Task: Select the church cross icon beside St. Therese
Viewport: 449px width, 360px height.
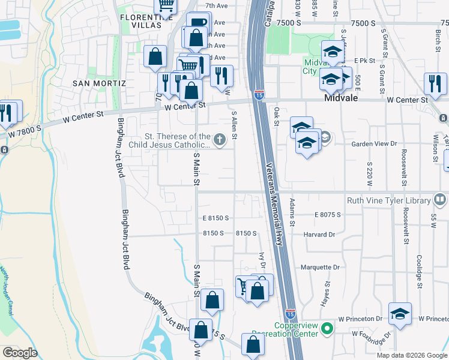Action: [x=220, y=140]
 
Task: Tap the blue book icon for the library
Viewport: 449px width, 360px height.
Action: [x=439, y=200]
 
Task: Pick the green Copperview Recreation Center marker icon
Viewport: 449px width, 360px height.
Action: [x=327, y=328]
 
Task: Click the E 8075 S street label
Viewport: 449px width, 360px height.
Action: [x=327, y=214]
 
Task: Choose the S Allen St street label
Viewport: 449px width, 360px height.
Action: [x=234, y=126]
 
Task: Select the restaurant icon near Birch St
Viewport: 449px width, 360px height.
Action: [x=435, y=84]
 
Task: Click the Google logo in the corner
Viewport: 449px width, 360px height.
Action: [x=20, y=353]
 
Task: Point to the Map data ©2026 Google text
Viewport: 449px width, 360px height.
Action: [x=411, y=355]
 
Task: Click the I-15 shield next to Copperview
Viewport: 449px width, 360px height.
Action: [x=290, y=314]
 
